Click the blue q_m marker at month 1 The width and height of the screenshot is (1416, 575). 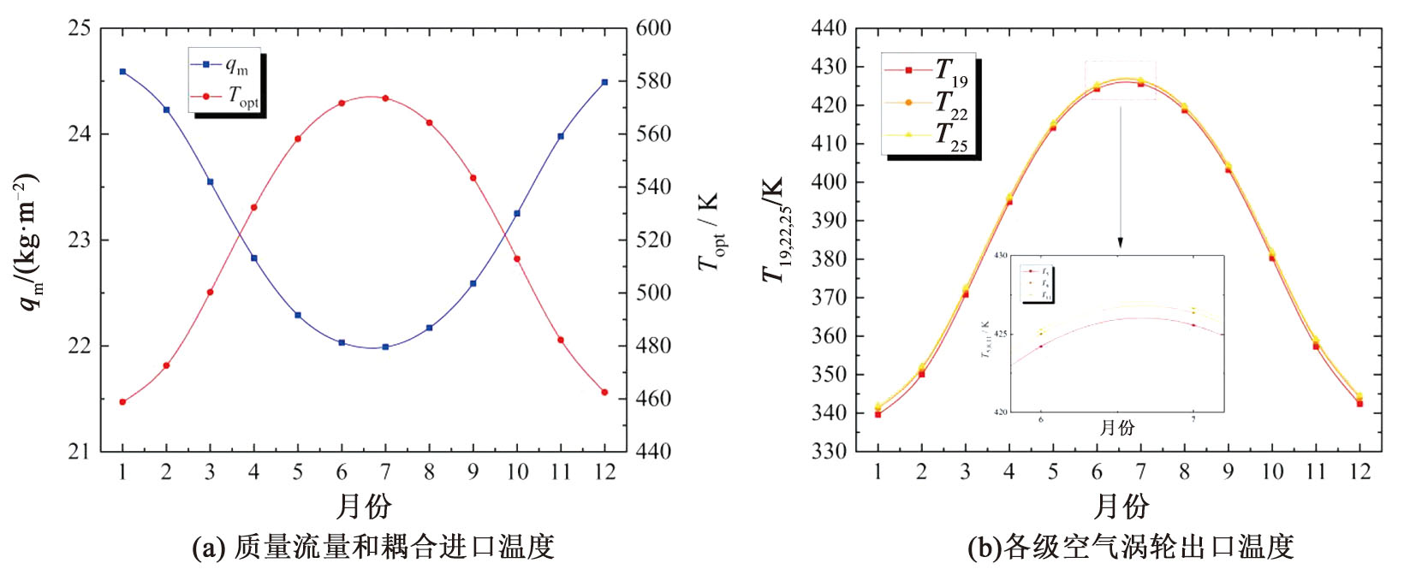[x=122, y=72]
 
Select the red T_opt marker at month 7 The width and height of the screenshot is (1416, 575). [x=385, y=98]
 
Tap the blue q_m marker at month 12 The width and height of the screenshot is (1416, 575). [x=604, y=82]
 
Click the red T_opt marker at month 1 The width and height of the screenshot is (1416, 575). [x=122, y=401]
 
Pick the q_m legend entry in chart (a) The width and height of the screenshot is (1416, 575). [x=224, y=65]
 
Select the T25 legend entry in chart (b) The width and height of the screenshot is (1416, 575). [x=929, y=135]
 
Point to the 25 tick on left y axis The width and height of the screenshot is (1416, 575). [x=80, y=28]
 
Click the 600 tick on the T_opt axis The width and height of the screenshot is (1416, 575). [x=653, y=28]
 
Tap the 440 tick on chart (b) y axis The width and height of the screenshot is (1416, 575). [x=829, y=28]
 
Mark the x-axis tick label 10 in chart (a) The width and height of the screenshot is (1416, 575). [x=516, y=471]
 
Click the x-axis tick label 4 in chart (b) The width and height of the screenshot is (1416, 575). [x=1009, y=471]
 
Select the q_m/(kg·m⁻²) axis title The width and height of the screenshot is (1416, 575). [x=27, y=241]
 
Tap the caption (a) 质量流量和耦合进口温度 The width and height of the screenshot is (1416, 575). [x=373, y=547]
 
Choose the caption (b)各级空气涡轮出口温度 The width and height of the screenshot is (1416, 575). [x=1130, y=547]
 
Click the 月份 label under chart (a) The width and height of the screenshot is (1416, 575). [x=364, y=507]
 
